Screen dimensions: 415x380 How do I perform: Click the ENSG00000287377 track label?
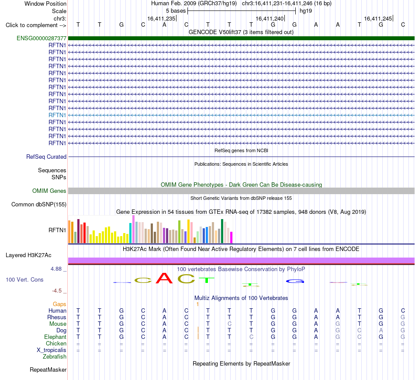pyautogui.click(x=41, y=38)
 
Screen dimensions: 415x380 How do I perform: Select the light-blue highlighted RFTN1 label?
pyautogui.click(x=57, y=115)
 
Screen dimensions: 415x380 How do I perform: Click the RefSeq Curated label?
pyautogui.click(x=46, y=157)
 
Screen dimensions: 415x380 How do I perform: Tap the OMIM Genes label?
pyautogui.click(x=49, y=191)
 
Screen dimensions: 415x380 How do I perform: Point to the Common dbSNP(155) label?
pyautogui.click(x=39, y=204)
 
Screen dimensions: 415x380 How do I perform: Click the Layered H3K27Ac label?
pyautogui.click(x=28, y=255)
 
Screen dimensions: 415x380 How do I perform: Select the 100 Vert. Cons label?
pyautogui.click(x=24, y=279)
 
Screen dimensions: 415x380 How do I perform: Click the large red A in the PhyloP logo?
pyautogui.click(x=164, y=278)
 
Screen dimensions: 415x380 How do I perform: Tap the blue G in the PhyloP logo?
pyautogui.click(x=295, y=281)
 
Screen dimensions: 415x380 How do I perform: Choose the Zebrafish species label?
pyautogui.click(x=55, y=357)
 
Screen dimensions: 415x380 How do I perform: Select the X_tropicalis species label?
pyautogui.click(x=52, y=350)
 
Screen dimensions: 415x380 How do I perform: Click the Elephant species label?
pyautogui.click(x=55, y=337)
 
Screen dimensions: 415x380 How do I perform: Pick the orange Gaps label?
pyautogui.click(x=59, y=304)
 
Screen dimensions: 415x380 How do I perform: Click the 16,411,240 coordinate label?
pyautogui.click(x=270, y=18)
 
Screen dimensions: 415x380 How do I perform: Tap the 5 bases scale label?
pyautogui.click(x=176, y=11)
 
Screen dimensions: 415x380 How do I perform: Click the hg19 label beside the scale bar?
pyautogui.click(x=306, y=11)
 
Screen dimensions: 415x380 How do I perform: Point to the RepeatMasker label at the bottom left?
pyautogui.click(x=48, y=370)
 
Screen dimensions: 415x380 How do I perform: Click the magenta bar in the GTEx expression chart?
pyautogui.click(x=231, y=237)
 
